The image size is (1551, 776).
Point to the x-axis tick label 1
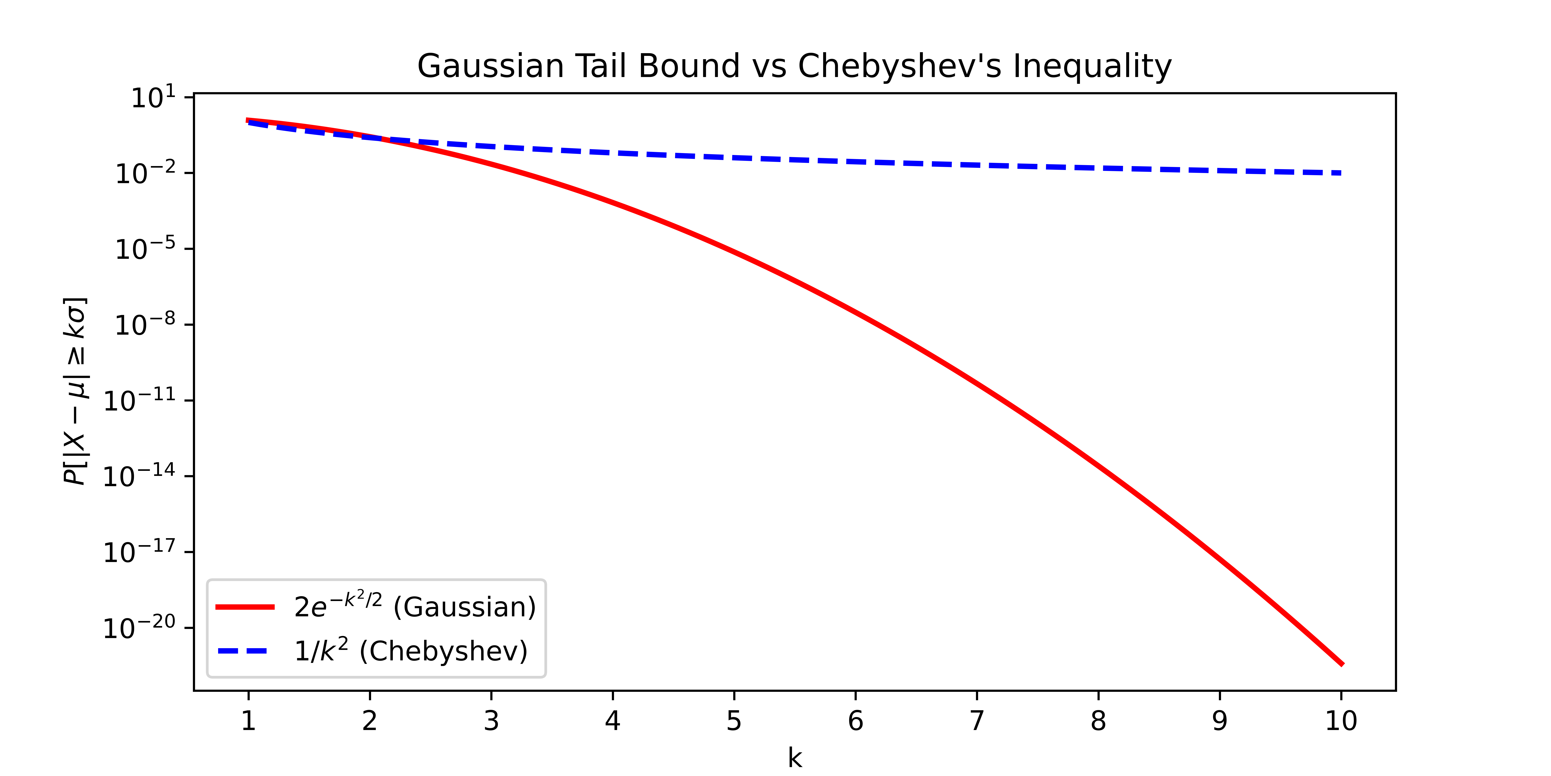point(248,721)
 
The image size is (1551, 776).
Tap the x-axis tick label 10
point(1341,721)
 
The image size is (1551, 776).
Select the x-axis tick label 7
point(977,721)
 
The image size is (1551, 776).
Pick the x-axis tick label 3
point(491,721)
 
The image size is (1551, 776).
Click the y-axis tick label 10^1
point(153,98)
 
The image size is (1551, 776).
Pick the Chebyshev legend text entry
point(411,651)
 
